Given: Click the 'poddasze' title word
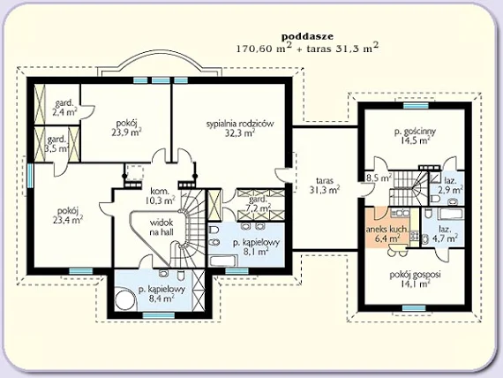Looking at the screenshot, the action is point(307,36).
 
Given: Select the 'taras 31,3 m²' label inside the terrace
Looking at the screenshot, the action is point(325,185).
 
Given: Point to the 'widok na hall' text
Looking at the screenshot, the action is point(161,227).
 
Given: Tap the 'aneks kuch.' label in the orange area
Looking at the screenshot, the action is point(387,230).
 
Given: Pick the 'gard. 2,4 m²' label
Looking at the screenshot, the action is point(64,108).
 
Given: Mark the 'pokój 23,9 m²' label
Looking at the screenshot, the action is point(127,128).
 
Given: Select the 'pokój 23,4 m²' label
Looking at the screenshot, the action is point(68,215).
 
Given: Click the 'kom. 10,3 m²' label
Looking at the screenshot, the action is point(160,196).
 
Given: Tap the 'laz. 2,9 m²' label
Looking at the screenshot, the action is point(450,185).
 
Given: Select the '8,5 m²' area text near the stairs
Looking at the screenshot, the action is point(379,178).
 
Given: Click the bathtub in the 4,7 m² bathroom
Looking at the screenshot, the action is point(450,215).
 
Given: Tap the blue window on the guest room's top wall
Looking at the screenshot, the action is point(416,105).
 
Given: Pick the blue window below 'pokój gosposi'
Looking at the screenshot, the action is point(414,308).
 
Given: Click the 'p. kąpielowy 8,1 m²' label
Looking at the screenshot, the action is point(256,247).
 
